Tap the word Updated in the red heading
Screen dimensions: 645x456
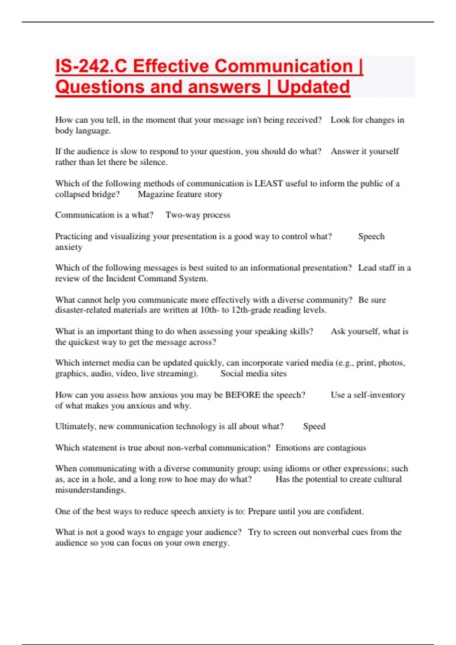point(313,87)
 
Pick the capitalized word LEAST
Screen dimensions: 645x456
point(268,184)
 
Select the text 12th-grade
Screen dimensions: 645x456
point(251,310)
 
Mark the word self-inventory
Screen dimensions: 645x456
point(379,395)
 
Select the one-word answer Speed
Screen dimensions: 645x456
point(314,426)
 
